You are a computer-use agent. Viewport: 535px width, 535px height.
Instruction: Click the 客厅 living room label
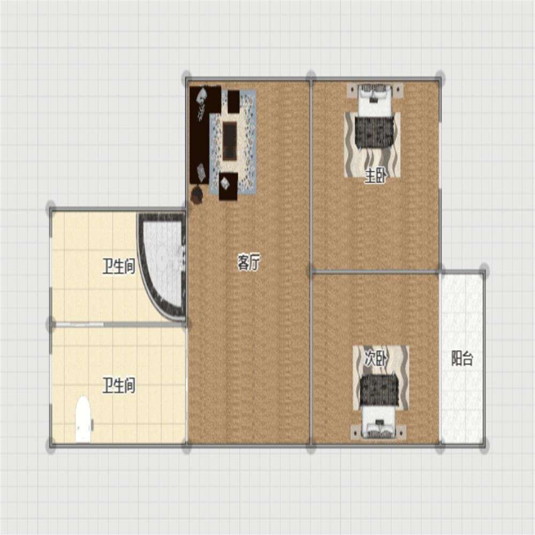pyautogui.click(x=249, y=263)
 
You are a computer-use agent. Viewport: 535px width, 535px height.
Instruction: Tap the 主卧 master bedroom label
pyautogui.click(x=376, y=176)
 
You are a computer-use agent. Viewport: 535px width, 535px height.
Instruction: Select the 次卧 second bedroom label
pyautogui.click(x=376, y=358)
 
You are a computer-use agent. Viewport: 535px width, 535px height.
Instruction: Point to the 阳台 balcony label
pyautogui.click(x=462, y=358)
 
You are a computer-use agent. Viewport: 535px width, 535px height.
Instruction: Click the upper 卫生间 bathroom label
pyautogui.click(x=119, y=266)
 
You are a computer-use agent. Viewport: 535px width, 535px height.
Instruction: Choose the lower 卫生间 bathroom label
pyautogui.click(x=119, y=386)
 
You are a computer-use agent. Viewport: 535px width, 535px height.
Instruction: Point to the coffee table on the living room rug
pyautogui.click(x=230, y=141)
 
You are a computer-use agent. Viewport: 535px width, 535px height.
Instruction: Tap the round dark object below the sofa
pyautogui.click(x=197, y=195)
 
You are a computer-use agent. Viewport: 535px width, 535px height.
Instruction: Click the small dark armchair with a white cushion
pyautogui.click(x=228, y=187)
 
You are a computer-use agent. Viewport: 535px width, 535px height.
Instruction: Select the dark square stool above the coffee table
pyautogui.click(x=233, y=101)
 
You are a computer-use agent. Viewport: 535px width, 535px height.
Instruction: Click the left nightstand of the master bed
pyautogui.click(x=352, y=89)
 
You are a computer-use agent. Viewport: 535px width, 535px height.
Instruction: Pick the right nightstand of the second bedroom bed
pyautogui.click(x=403, y=432)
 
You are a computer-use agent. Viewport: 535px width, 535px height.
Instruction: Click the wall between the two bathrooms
pyautogui.click(x=118, y=324)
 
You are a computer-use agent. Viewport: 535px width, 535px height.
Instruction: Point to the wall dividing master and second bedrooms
pyautogui.click(x=376, y=272)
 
